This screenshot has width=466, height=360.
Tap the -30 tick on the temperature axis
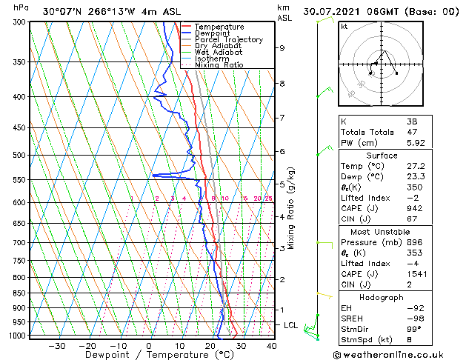point(57,345)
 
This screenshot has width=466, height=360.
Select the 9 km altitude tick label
point(282,48)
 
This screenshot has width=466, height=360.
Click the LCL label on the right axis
point(290,325)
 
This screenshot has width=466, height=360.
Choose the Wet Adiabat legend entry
point(219,52)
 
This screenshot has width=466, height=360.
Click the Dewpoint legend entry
point(214,33)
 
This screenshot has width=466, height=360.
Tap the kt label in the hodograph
point(344,27)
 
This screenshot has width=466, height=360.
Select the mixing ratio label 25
point(268,199)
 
